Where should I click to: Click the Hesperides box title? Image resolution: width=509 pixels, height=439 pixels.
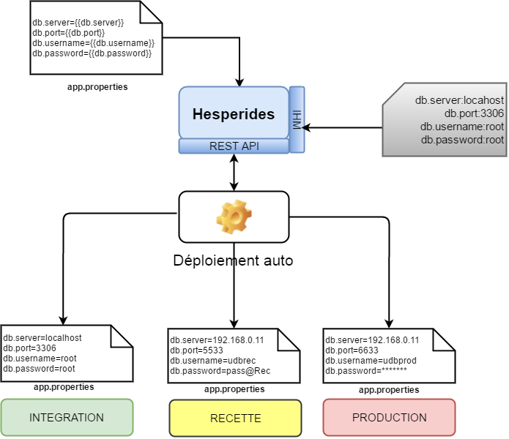[234, 114]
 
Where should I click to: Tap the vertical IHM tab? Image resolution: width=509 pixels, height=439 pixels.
[297, 119]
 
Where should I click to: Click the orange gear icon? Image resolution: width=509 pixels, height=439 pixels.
[234, 216]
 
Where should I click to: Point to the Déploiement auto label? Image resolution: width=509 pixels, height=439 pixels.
[234, 260]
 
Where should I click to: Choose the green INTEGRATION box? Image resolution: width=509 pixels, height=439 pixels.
[67, 418]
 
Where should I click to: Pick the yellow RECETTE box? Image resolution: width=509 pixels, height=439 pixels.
[235, 419]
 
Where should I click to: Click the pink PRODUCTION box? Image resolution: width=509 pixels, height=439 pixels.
[389, 418]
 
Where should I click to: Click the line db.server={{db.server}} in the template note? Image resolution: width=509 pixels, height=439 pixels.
[78, 23]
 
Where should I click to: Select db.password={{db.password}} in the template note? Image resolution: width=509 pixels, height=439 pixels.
[92, 53]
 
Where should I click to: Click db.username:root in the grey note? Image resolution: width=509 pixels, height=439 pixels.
[462, 127]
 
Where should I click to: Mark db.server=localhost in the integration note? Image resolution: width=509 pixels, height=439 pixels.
[42, 338]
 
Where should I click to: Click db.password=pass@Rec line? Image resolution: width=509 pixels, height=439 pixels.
[220, 371]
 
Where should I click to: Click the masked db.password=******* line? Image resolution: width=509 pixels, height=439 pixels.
[366, 371]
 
